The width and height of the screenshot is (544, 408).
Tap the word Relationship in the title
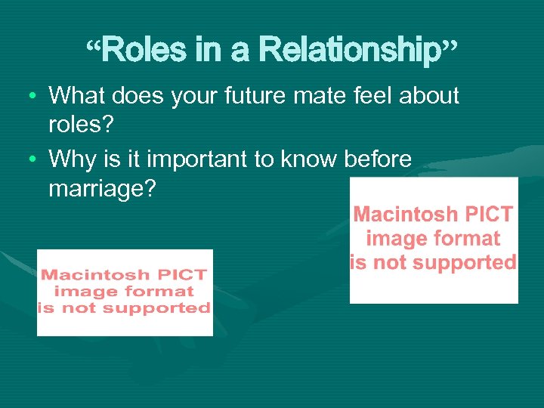pyautogui.click(x=349, y=51)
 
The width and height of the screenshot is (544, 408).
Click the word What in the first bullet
pyautogui.click(x=79, y=96)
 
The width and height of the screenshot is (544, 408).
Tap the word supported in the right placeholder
pyautogui.click(x=468, y=263)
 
